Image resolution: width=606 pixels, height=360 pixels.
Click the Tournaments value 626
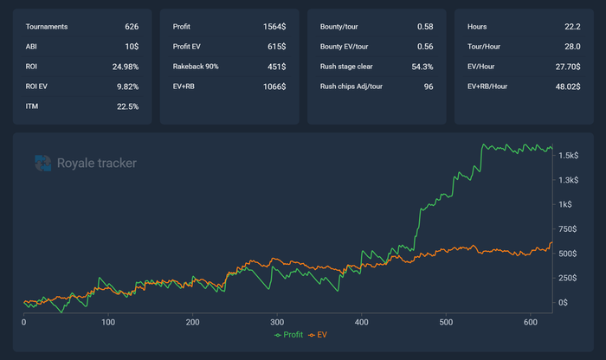click(132, 27)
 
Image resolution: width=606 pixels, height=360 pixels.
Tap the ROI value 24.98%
click(125, 67)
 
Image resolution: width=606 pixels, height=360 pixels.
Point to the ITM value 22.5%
click(126, 106)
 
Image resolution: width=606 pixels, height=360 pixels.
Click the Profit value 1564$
click(275, 27)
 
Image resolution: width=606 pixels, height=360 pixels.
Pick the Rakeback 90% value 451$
click(277, 67)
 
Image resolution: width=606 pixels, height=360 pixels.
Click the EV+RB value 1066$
click(275, 87)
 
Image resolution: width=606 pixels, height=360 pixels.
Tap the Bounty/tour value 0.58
click(425, 27)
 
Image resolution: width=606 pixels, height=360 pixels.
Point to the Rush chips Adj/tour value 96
click(428, 87)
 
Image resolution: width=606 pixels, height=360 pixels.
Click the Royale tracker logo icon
click(42, 162)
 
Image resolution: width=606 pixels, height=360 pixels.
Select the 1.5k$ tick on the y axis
click(569, 156)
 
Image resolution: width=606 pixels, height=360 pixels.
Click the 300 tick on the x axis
click(277, 322)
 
